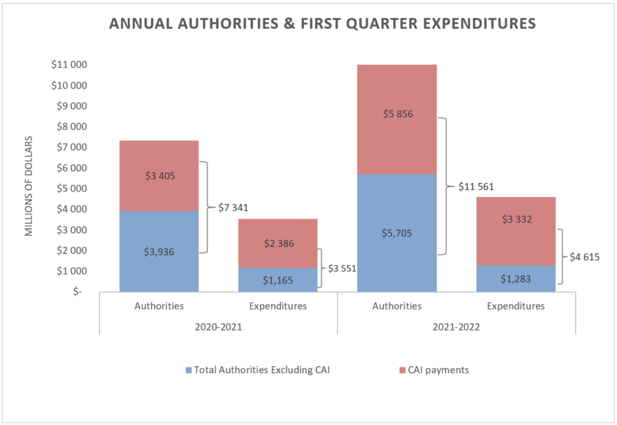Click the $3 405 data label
pos(159,176)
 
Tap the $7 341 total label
pos(233,208)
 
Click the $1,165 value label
pos(277,280)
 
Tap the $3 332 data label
pos(516,219)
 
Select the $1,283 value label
pos(516,279)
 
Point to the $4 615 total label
pos(586,257)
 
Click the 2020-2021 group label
pos(218,326)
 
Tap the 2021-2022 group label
pos(456,326)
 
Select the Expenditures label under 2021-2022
pos(516,305)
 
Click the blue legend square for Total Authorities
pos(189,370)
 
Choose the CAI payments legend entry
pos(440,370)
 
